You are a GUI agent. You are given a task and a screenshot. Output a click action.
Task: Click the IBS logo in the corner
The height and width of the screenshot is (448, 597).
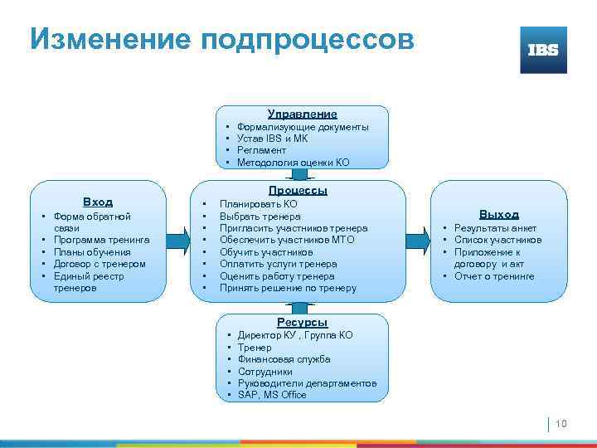point(543,50)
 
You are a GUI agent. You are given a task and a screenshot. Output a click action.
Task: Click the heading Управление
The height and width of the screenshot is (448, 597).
point(302,114)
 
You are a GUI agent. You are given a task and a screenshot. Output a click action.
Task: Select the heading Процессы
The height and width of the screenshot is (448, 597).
point(302,190)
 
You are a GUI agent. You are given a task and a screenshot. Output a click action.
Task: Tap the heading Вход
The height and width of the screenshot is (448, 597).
point(98,202)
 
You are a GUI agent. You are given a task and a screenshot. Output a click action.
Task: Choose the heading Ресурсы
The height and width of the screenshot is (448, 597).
point(302,322)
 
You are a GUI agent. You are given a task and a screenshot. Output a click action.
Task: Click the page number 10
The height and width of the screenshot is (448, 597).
point(561,424)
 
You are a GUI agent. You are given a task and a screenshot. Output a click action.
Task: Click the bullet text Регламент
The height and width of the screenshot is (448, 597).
point(261,151)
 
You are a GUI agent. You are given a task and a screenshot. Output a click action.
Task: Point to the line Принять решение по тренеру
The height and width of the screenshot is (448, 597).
point(288,288)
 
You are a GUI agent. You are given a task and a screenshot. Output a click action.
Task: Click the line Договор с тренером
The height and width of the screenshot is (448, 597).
point(99,264)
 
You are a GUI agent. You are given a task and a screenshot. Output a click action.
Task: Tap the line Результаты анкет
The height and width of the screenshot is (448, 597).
point(495,228)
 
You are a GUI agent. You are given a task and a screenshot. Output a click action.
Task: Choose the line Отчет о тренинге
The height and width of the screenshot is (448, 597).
point(493,276)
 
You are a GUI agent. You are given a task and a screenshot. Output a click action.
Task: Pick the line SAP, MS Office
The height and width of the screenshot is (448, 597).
point(272,395)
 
